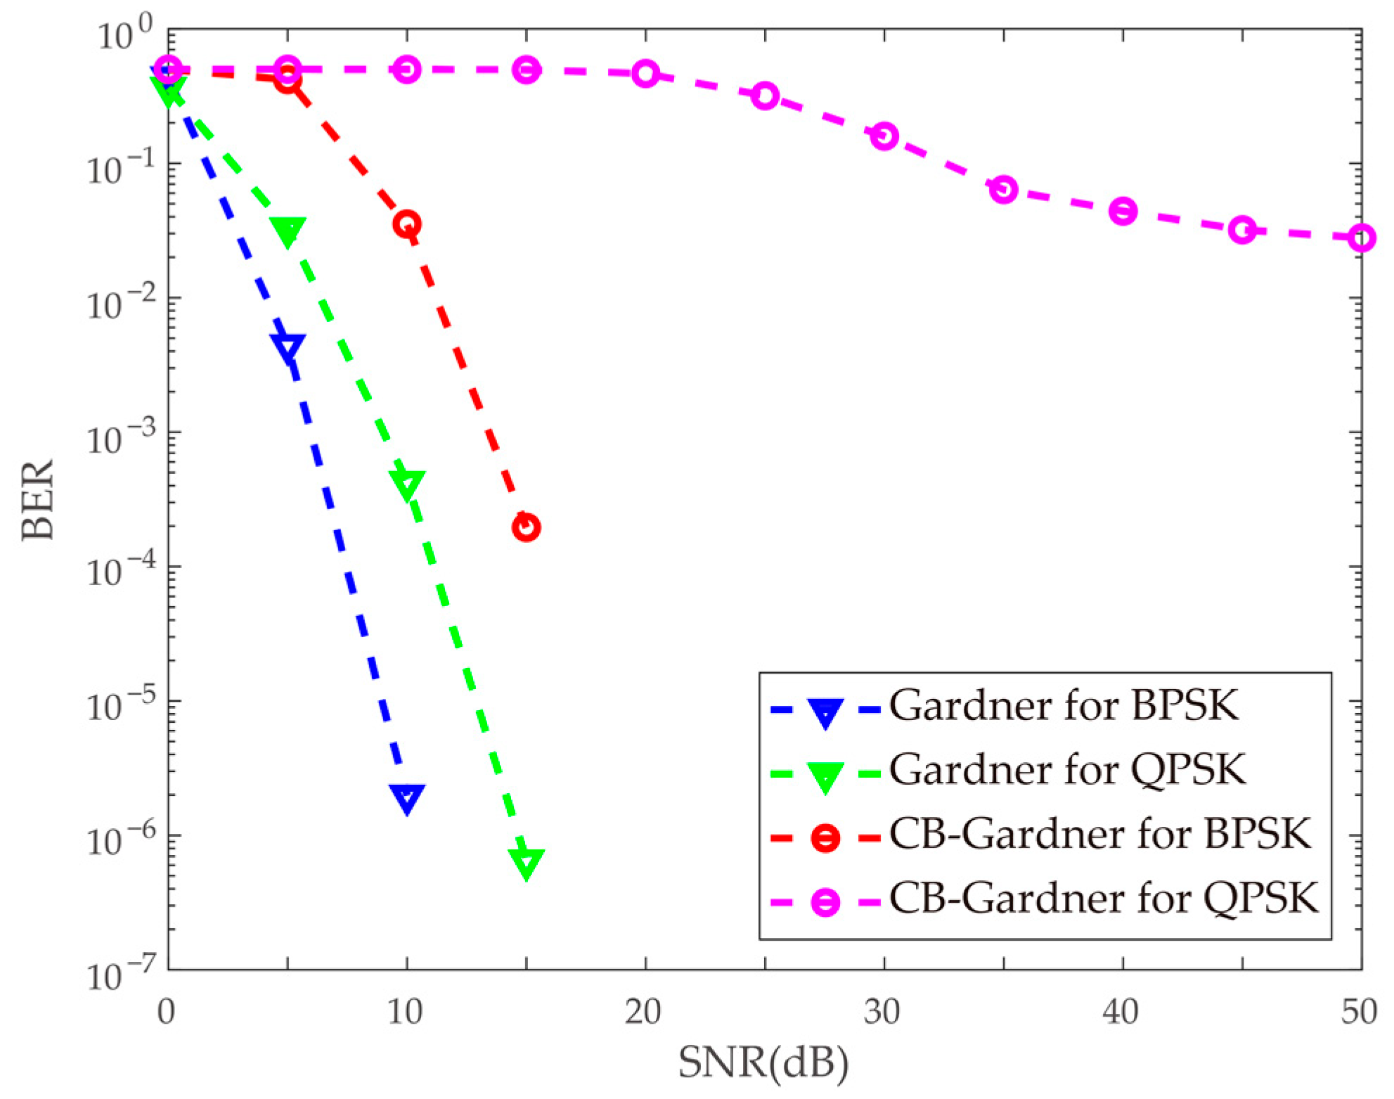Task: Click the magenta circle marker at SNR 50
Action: (x=1362, y=238)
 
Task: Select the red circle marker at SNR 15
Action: (x=527, y=527)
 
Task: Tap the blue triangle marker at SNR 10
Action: (x=407, y=798)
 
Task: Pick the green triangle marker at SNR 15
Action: (x=527, y=862)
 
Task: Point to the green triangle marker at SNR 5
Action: (x=288, y=231)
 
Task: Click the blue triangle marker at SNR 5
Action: (x=288, y=347)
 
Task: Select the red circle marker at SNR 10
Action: (x=407, y=224)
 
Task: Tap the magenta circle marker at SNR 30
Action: (x=884, y=136)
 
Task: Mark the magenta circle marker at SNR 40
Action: (x=1123, y=211)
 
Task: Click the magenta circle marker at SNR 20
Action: (x=645, y=73)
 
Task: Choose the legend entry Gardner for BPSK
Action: (x=1063, y=705)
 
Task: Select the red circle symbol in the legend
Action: (x=825, y=837)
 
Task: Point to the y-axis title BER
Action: (x=38, y=499)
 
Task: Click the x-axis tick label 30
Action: (x=883, y=1013)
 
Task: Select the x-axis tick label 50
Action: (x=1359, y=1013)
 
